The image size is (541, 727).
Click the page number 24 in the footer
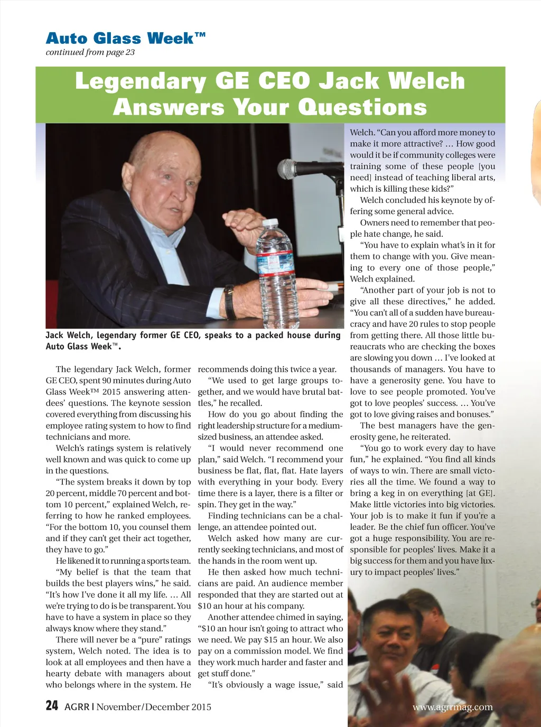tap(52, 706)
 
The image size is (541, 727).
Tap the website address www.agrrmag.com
tap(452, 707)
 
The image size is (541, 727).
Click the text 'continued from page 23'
tap(90, 52)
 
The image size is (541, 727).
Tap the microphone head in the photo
tap(288, 169)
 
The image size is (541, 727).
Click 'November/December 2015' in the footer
tap(154, 707)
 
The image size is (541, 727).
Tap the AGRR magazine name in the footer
tap(77, 707)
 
